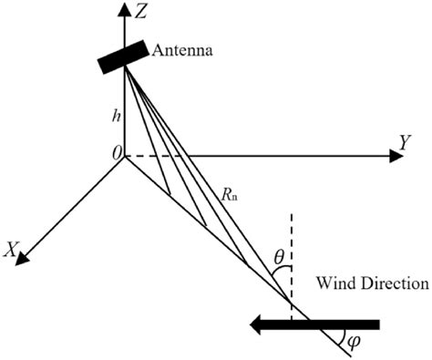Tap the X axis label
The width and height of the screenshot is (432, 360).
click(12, 247)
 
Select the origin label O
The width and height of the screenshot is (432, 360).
click(116, 157)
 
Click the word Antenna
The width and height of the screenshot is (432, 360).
click(183, 51)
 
